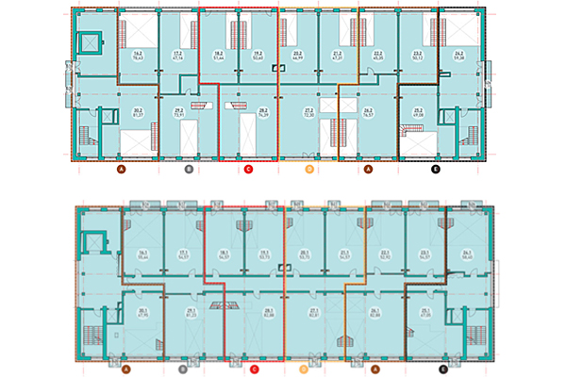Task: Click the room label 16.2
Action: click(138, 53)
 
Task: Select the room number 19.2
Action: click(258, 53)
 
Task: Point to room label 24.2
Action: click(459, 53)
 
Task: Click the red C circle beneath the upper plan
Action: click(248, 170)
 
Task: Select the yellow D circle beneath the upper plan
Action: click(308, 170)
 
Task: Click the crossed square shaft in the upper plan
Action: click(92, 42)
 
